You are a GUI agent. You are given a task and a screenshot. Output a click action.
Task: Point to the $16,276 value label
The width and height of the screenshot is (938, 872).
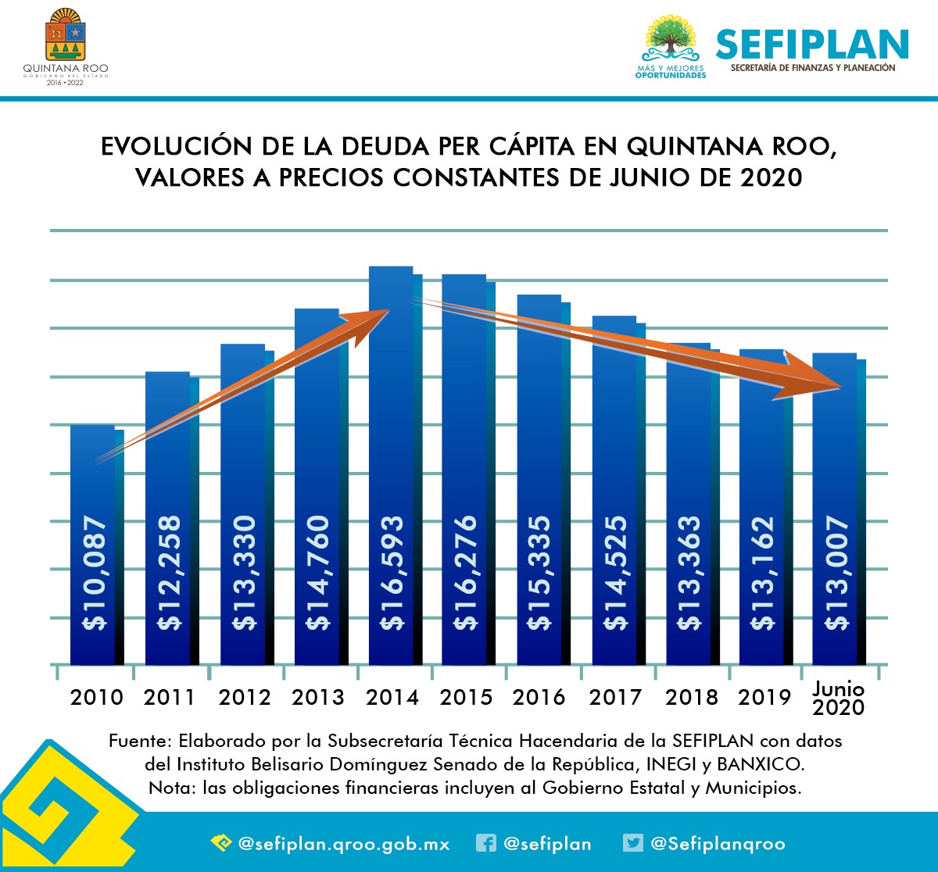(x=467, y=573)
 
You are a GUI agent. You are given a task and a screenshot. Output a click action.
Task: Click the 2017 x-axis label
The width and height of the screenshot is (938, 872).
(x=615, y=697)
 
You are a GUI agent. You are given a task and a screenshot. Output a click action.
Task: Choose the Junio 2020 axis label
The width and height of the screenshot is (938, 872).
(x=838, y=699)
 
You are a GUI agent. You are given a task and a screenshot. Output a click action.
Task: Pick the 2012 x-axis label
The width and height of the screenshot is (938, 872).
(x=244, y=697)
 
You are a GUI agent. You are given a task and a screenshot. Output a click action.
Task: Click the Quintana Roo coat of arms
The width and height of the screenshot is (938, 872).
(x=66, y=35)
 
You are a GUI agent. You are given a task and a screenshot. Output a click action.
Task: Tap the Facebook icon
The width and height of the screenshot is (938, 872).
(x=485, y=843)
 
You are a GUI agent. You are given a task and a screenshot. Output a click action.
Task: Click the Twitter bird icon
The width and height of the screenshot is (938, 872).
(x=632, y=843)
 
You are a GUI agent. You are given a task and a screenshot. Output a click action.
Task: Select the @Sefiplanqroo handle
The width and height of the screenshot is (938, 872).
(x=718, y=844)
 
